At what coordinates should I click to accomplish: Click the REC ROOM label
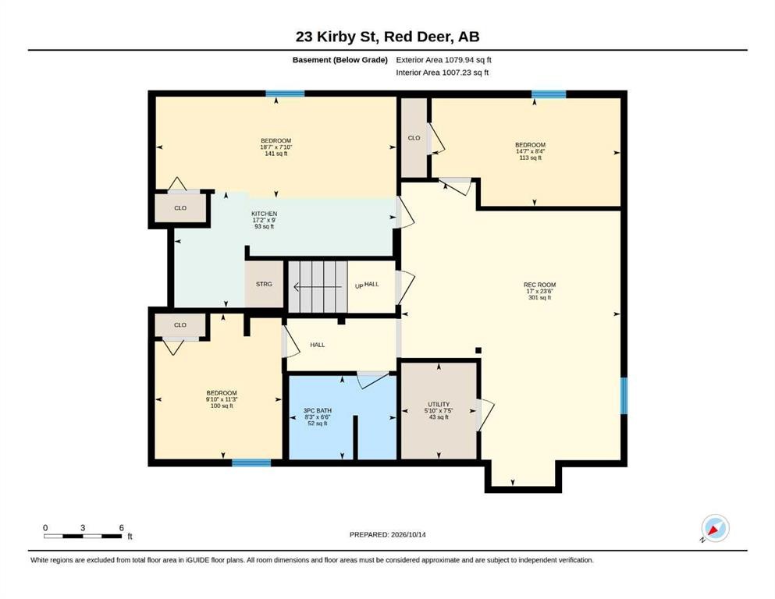click(x=540, y=285)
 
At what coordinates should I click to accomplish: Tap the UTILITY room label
click(x=439, y=404)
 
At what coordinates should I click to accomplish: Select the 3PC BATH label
click(x=318, y=410)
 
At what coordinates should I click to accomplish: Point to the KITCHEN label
click(x=264, y=214)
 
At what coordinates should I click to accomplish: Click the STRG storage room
click(x=264, y=285)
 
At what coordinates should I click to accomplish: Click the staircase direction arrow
click(x=318, y=287)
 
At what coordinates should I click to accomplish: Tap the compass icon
click(x=715, y=528)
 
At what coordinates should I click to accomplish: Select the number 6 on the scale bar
click(x=121, y=527)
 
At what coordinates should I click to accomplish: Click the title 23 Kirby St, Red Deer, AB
click(x=387, y=37)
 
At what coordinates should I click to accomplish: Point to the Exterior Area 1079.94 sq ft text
click(x=443, y=60)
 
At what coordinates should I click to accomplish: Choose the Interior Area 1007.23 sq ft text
click(x=443, y=73)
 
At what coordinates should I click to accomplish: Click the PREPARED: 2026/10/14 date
click(x=387, y=534)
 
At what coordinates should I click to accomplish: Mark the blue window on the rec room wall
click(x=624, y=395)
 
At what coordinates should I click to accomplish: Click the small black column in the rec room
click(x=478, y=351)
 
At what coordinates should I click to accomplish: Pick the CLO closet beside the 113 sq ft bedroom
click(x=414, y=138)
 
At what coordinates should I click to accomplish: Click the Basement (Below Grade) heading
click(x=340, y=60)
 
